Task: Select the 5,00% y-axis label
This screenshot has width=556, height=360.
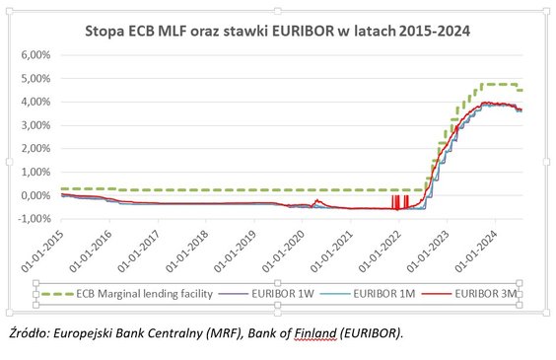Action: pos(35,79)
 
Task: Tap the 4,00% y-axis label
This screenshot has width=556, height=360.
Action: pos(35,102)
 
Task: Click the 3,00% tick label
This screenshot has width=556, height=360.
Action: pos(35,125)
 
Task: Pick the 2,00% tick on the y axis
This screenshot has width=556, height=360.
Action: pos(35,149)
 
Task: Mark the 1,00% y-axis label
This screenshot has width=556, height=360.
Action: pos(35,172)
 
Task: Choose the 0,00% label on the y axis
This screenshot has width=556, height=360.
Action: pos(35,195)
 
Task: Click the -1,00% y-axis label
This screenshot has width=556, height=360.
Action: pos(35,219)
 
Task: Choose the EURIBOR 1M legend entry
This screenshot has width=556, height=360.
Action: pos(382,293)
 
